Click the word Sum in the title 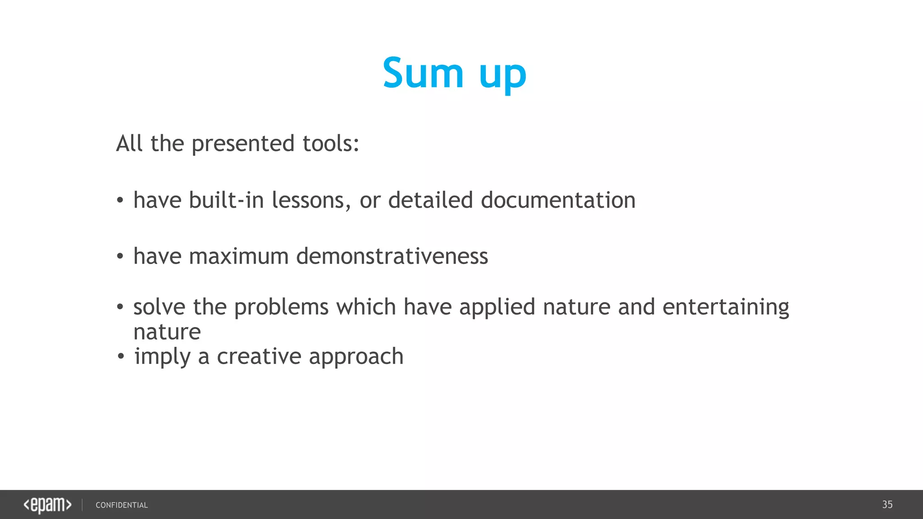[423, 73]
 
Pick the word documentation [558, 200]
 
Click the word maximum [238, 256]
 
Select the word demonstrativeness [392, 256]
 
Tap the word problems [281, 308]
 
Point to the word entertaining [726, 308]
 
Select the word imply [162, 357]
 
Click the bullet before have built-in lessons [120, 200]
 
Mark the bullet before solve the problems [120, 307]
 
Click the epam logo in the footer [47, 505]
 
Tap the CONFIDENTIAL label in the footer [122, 505]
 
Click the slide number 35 [887, 505]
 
